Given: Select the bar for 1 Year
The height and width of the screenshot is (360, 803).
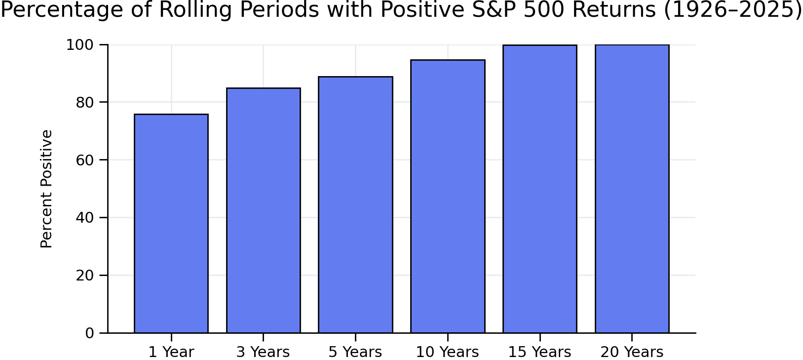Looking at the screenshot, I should pos(171,223).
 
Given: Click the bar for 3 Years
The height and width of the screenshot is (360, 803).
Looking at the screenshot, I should pos(264,210).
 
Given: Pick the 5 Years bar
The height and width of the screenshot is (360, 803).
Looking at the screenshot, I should pos(355,204).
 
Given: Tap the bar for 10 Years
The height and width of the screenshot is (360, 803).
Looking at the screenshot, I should pos(448,196).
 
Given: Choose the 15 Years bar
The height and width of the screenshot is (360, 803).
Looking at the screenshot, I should pos(540,189).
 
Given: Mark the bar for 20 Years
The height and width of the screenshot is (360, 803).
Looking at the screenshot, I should pos(632,189).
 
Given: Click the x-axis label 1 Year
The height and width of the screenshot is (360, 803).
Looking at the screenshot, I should pos(171,352).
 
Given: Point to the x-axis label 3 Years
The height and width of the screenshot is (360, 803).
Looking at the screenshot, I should pos(263,352).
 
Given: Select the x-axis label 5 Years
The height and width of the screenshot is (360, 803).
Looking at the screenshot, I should pos(355,352).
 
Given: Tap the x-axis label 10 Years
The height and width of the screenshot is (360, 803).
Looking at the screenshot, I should pos(447,352).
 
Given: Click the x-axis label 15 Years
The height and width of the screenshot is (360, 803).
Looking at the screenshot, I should pos(539,352).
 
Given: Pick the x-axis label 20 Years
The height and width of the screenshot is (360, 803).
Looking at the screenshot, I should pos(632,352).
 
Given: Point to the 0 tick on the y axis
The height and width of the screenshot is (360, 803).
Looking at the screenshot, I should pos(89,333).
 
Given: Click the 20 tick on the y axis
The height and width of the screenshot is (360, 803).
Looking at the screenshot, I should pos(85,276).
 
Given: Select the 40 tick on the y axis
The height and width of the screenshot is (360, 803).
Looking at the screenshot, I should pos(85,218).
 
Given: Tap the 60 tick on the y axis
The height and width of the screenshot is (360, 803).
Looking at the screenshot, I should pos(85,160).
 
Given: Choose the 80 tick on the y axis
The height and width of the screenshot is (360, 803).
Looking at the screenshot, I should pos(85,102).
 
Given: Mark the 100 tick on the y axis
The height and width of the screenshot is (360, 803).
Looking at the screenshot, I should pos(80,45).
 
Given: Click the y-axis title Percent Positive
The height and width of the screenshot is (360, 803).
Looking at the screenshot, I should pos(46,189).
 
